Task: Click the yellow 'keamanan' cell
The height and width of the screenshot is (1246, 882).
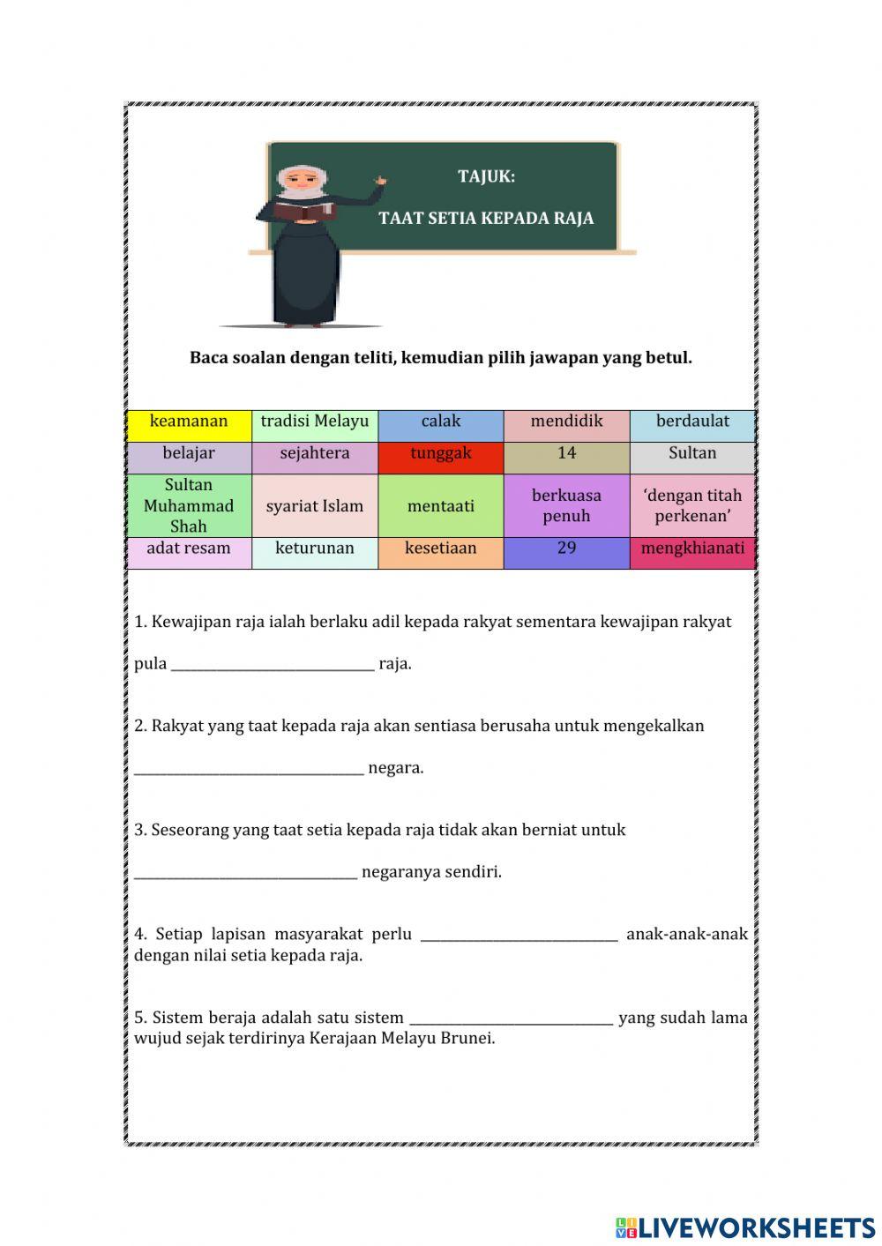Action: point(189,422)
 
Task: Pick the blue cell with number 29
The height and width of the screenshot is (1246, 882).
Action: point(566,549)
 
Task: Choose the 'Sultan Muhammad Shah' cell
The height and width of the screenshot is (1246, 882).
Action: point(189,505)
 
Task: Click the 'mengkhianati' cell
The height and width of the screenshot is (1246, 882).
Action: point(692,549)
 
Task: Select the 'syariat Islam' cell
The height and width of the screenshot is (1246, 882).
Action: point(315,506)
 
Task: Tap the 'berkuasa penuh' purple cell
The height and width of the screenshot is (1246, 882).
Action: point(566,506)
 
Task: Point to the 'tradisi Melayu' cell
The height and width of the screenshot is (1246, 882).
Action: point(315,422)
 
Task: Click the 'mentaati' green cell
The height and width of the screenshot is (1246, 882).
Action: point(440,506)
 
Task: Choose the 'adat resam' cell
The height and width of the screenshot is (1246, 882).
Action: point(189,549)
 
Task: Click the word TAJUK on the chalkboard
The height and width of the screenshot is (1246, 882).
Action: point(486,176)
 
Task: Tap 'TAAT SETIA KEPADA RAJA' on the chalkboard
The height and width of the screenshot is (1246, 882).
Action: point(486,219)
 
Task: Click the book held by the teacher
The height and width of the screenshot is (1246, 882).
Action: point(303,211)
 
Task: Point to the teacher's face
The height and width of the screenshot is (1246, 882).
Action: point(302,183)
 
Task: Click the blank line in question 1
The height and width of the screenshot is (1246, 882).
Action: point(273,666)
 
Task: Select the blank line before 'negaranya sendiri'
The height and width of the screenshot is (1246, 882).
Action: point(246,874)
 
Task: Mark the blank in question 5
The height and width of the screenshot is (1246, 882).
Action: point(511,1019)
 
